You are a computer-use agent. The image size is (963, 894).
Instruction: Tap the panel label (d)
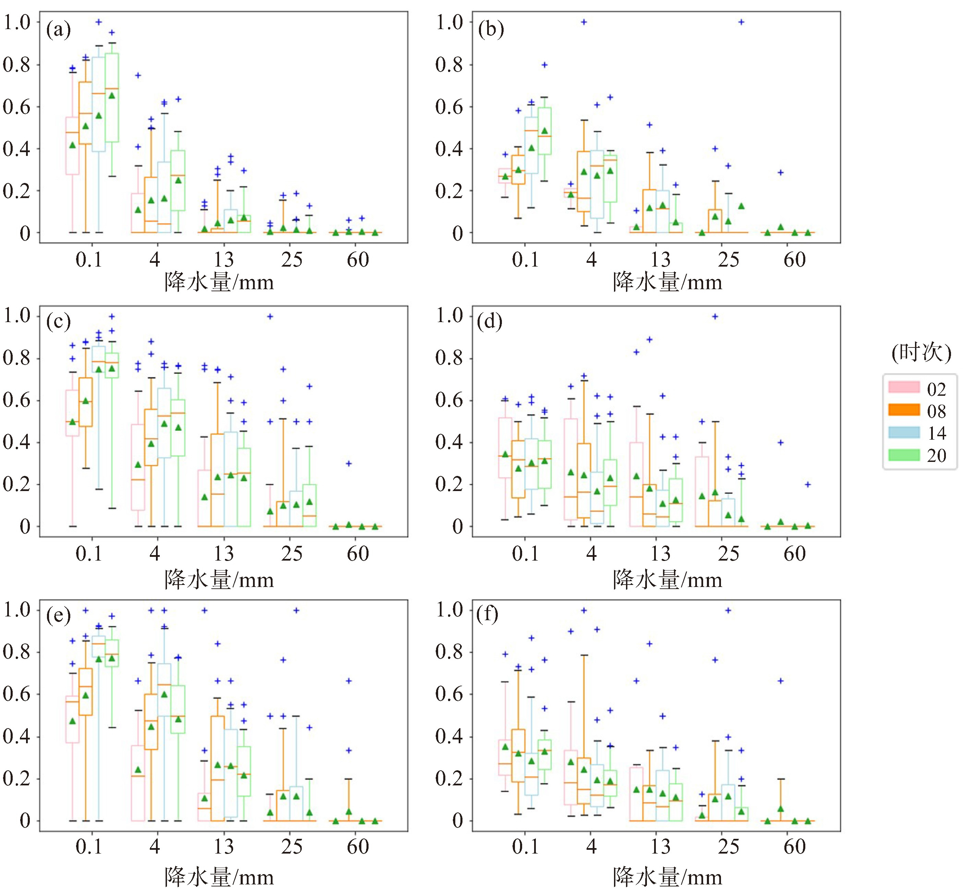tap(489, 322)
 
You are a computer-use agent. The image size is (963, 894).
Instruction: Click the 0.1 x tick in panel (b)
tap(525, 260)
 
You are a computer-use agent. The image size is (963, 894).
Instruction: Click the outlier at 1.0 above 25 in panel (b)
tap(741, 22)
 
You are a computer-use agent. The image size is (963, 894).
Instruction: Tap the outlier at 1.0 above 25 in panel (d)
tap(715, 316)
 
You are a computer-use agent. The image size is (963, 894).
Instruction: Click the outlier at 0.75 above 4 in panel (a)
tap(137, 75)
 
